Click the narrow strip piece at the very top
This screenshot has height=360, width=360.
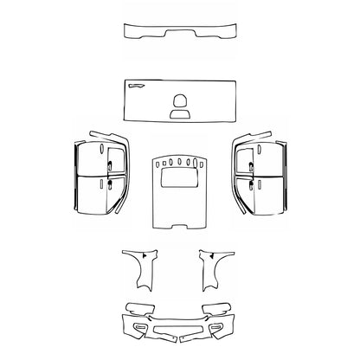(179, 33)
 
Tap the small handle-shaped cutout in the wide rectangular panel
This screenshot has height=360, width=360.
(137, 87)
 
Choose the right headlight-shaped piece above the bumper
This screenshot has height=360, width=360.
(215, 309)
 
